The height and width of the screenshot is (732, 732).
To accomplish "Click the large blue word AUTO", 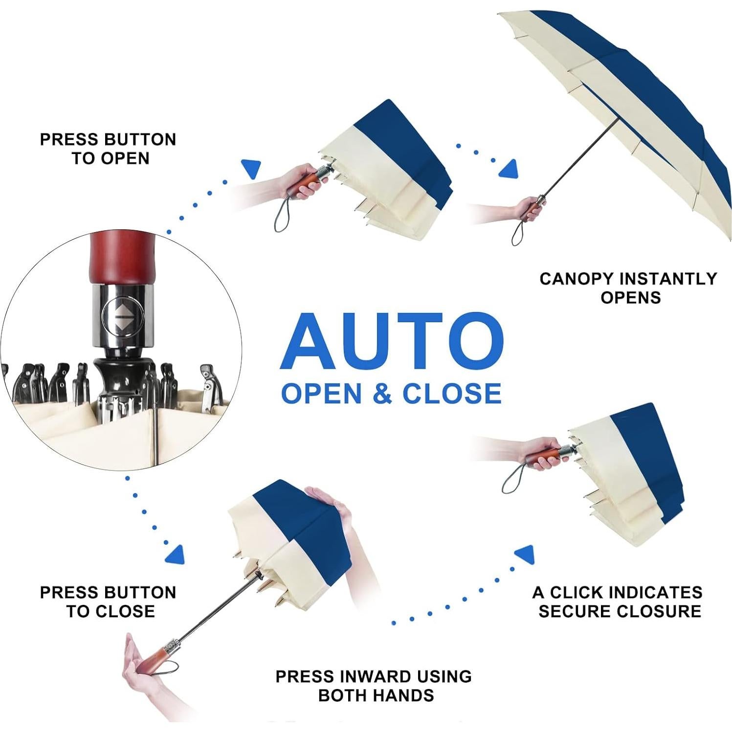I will point(391,341).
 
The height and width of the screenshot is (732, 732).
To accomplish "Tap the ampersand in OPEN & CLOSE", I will point(382,394).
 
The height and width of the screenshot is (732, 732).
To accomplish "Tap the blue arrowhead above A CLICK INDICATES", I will point(525,555).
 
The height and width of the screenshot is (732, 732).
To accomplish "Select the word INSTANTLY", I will point(672,279).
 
